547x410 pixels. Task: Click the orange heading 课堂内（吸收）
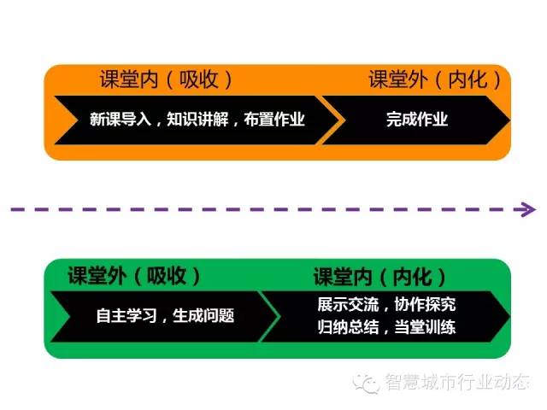click(x=166, y=79)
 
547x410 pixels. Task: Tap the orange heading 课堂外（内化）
click(x=435, y=79)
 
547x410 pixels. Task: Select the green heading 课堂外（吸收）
click(x=134, y=276)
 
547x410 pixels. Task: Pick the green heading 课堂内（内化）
click(x=379, y=277)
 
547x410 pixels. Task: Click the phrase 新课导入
click(x=121, y=120)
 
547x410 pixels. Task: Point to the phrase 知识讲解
click(x=197, y=120)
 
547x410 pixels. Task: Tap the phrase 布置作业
click(x=274, y=120)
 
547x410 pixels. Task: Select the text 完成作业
click(x=417, y=120)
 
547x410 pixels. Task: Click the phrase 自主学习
click(x=126, y=315)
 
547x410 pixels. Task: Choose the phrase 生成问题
click(x=203, y=315)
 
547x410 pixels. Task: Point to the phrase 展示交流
click(x=348, y=304)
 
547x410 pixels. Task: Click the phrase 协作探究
click(x=425, y=304)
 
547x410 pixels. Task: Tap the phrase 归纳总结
click(x=348, y=327)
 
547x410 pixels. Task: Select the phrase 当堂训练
click(x=425, y=327)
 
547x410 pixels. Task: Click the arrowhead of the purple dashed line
click(x=530, y=209)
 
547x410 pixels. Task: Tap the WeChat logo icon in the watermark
click(x=366, y=383)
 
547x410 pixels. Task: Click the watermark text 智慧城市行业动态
click(x=457, y=382)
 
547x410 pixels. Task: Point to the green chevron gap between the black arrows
click(x=269, y=317)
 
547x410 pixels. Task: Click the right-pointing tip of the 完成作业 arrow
click(x=510, y=120)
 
